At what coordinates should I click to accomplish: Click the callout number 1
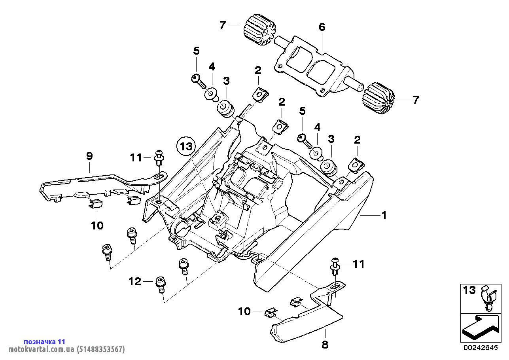(x=383, y=216)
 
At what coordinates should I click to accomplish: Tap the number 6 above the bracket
(x=322, y=27)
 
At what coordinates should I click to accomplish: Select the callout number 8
(x=325, y=345)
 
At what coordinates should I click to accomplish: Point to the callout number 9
(x=89, y=156)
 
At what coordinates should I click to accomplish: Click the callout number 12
(x=135, y=282)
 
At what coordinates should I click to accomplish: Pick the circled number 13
(x=186, y=146)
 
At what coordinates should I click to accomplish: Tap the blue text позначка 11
(x=44, y=342)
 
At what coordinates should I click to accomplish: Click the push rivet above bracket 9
(x=159, y=158)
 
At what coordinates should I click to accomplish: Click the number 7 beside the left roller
(x=223, y=25)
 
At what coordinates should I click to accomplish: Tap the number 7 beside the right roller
(x=415, y=100)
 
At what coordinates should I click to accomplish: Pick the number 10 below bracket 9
(x=97, y=225)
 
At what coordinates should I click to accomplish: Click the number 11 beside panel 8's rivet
(x=358, y=264)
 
